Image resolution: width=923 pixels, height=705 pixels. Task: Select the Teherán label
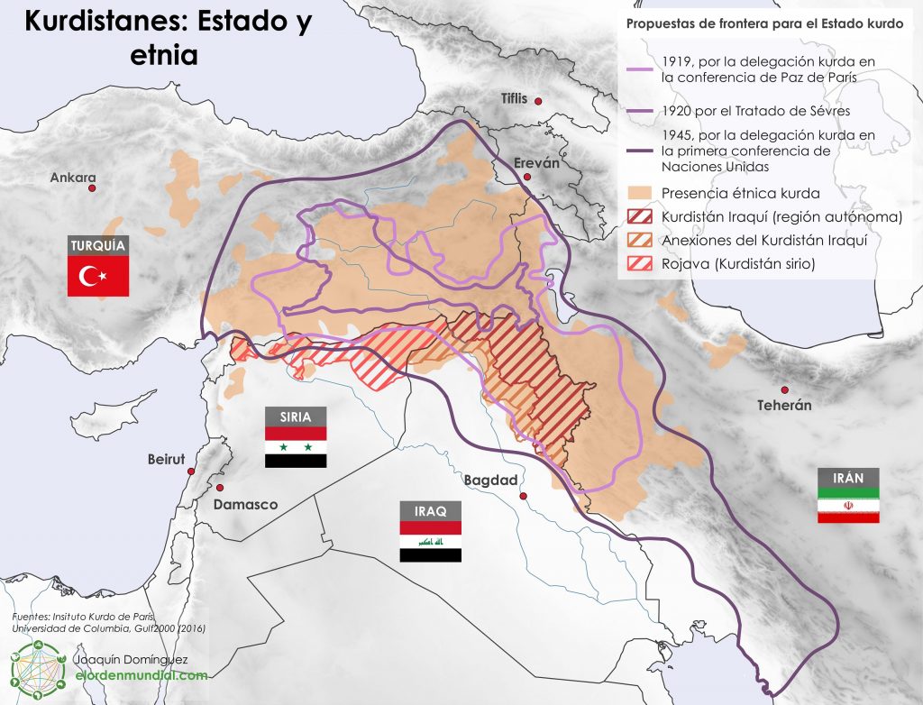point(784,406)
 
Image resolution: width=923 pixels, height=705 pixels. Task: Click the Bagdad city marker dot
point(525,495)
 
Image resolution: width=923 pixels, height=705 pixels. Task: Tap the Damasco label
point(245,505)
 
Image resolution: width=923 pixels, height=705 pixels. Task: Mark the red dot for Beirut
point(192,470)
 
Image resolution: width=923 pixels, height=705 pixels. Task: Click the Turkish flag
point(99,276)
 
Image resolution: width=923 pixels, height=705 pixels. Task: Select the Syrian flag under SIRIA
point(296,447)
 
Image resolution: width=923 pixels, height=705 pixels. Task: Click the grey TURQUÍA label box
point(99,245)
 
